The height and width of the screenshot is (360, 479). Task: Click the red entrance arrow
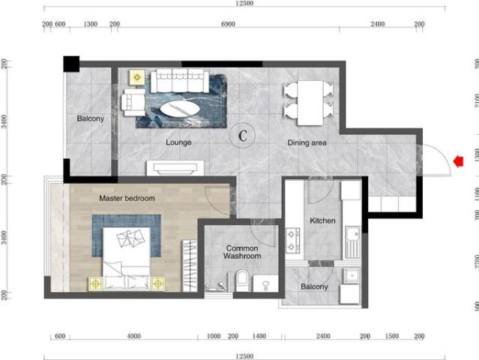(x=458, y=161)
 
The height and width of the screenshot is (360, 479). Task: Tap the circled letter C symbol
(x=243, y=136)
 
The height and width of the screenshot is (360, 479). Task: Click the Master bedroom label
(x=127, y=198)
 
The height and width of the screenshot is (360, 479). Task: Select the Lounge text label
(x=178, y=142)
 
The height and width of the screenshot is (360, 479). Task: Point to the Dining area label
(x=307, y=142)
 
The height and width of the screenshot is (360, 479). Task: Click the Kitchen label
(x=322, y=220)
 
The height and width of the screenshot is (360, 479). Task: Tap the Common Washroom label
(x=242, y=252)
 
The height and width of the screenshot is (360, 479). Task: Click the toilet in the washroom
(x=242, y=280)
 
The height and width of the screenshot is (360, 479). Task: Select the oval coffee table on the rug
(x=180, y=109)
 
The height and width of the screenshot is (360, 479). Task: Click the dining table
(x=310, y=103)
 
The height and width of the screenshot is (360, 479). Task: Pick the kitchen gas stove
(x=292, y=241)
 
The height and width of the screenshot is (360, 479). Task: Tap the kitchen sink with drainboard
(x=353, y=242)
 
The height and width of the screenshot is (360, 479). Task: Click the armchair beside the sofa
(x=133, y=103)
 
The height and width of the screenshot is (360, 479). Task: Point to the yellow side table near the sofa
(x=137, y=77)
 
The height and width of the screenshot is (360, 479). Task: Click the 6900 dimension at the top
(x=228, y=24)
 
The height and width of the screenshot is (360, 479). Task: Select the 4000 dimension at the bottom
(x=133, y=336)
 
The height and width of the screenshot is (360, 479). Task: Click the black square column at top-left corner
(x=71, y=64)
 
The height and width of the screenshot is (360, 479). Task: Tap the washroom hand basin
(x=265, y=283)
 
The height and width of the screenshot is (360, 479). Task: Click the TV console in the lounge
(x=175, y=168)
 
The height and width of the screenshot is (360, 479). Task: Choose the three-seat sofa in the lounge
(x=180, y=81)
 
